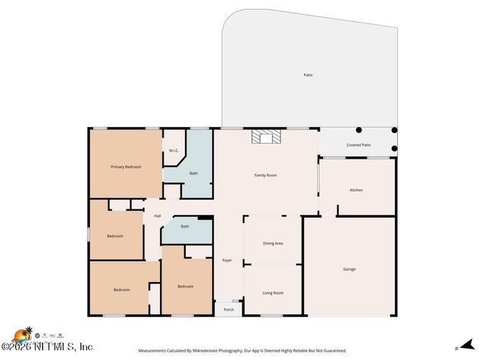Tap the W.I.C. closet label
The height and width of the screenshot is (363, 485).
click(x=173, y=150)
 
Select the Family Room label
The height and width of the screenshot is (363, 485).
click(x=265, y=175)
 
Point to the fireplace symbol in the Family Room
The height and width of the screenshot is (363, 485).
click(x=266, y=136)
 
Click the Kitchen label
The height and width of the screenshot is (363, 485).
click(x=356, y=190)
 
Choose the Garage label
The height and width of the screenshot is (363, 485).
click(x=349, y=269)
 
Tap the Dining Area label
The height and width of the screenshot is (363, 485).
click(x=273, y=244)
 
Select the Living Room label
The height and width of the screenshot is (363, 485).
click(x=273, y=293)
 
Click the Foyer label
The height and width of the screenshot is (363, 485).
click(x=227, y=261)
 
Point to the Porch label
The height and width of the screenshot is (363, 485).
click(x=228, y=309)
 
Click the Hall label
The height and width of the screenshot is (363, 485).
click(x=158, y=216)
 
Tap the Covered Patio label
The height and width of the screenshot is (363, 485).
click(x=358, y=144)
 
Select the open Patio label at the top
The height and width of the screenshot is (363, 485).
click(x=308, y=75)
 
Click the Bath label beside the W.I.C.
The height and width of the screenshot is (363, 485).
click(x=193, y=173)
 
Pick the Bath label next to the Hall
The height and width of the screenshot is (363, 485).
click(x=185, y=226)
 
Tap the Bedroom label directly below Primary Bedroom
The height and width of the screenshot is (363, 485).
click(x=114, y=236)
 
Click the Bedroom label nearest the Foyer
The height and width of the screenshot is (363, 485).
click(x=185, y=287)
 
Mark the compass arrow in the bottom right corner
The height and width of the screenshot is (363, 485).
click(x=457, y=349)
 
